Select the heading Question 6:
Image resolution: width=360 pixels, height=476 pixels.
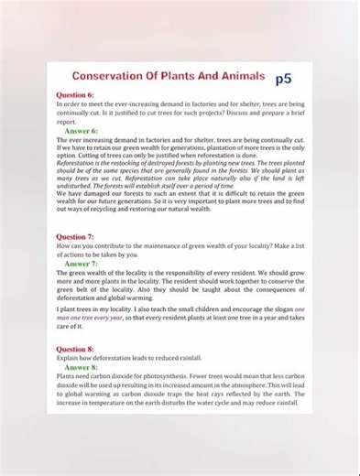tap(75, 94)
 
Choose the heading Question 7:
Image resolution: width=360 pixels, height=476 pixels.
tap(75, 236)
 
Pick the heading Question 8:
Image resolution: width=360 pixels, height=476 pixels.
tap(75, 349)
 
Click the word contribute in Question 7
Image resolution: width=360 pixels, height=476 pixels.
tap(114, 246)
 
